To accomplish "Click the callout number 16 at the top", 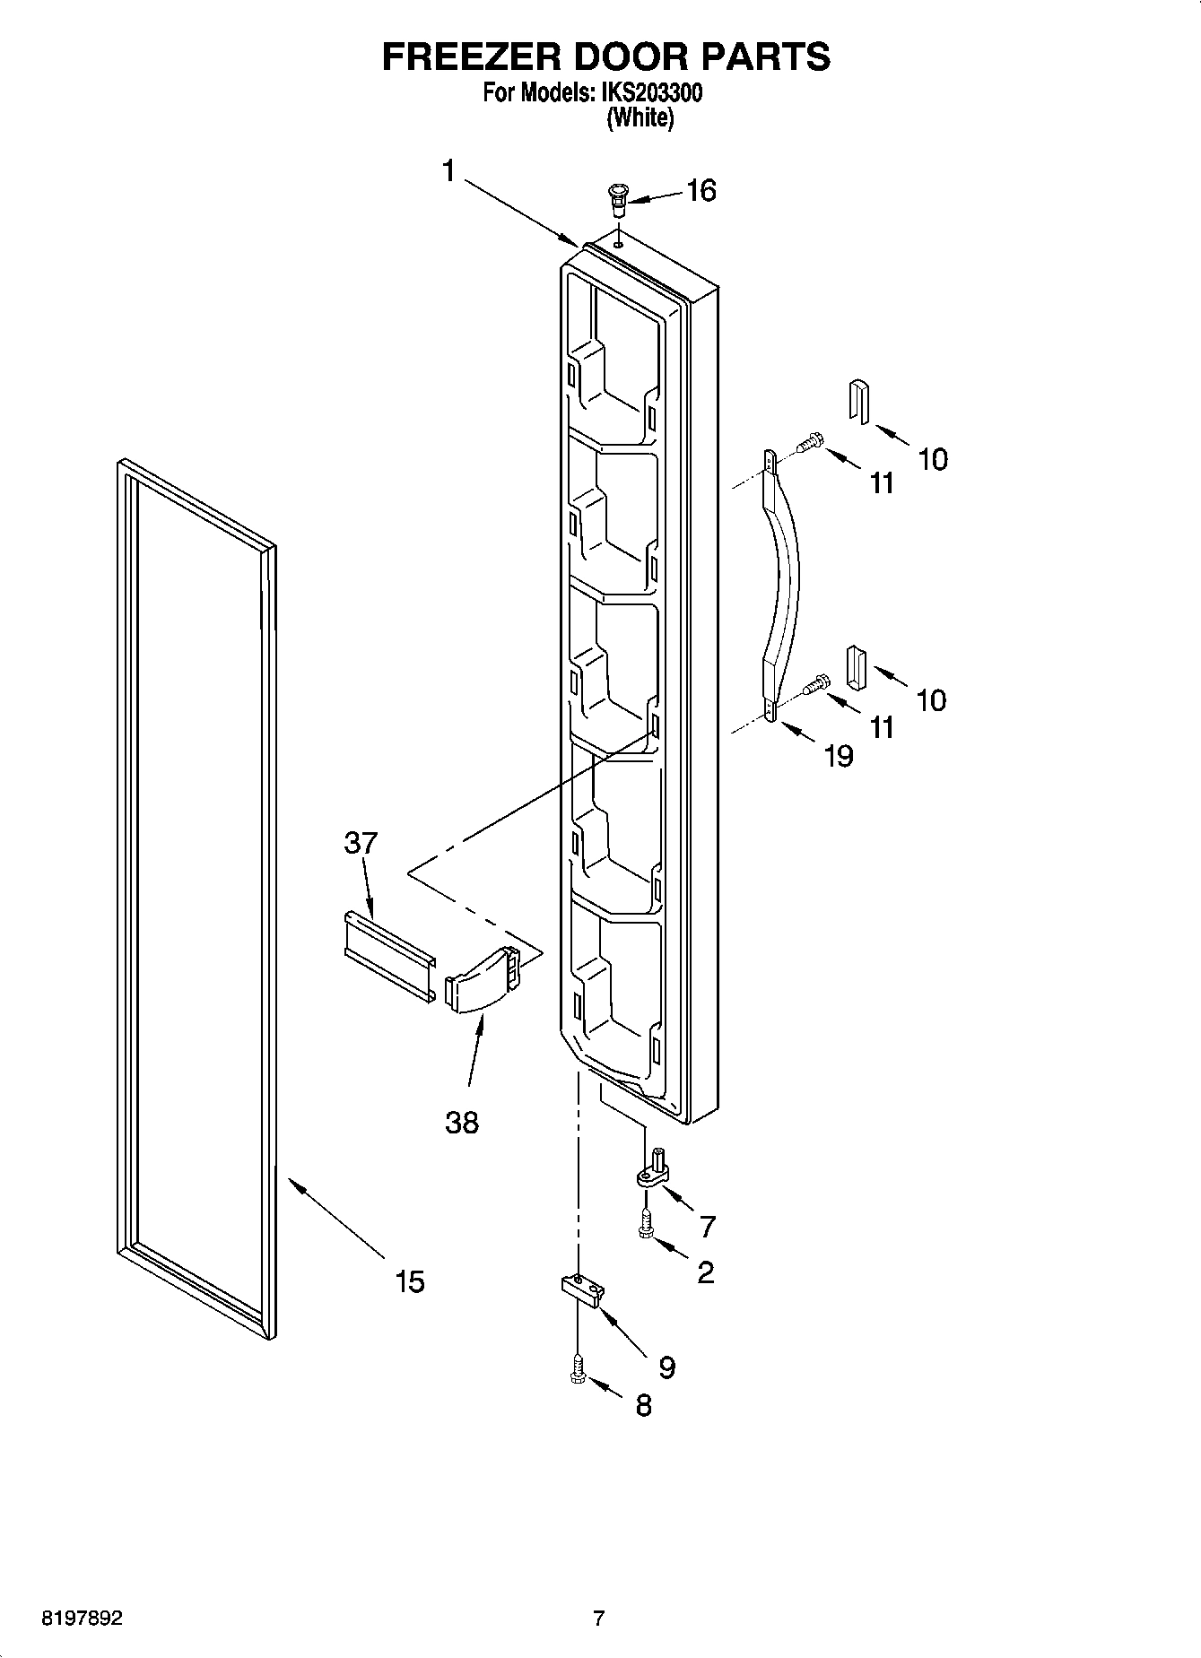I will (x=701, y=190).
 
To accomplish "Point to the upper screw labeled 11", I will (x=811, y=441).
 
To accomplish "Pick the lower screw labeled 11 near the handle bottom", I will (x=814, y=685).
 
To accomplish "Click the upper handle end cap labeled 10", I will (x=858, y=399).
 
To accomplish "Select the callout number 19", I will (x=839, y=756).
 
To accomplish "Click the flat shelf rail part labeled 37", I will (x=389, y=955).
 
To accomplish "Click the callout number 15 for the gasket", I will (x=410, y=1281).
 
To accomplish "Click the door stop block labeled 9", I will (x=583, y=1289).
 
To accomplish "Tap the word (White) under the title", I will (x=640, y=117).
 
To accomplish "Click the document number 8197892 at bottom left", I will (x=82, y=1619).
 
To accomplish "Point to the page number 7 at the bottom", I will (x=598, y=1619).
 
